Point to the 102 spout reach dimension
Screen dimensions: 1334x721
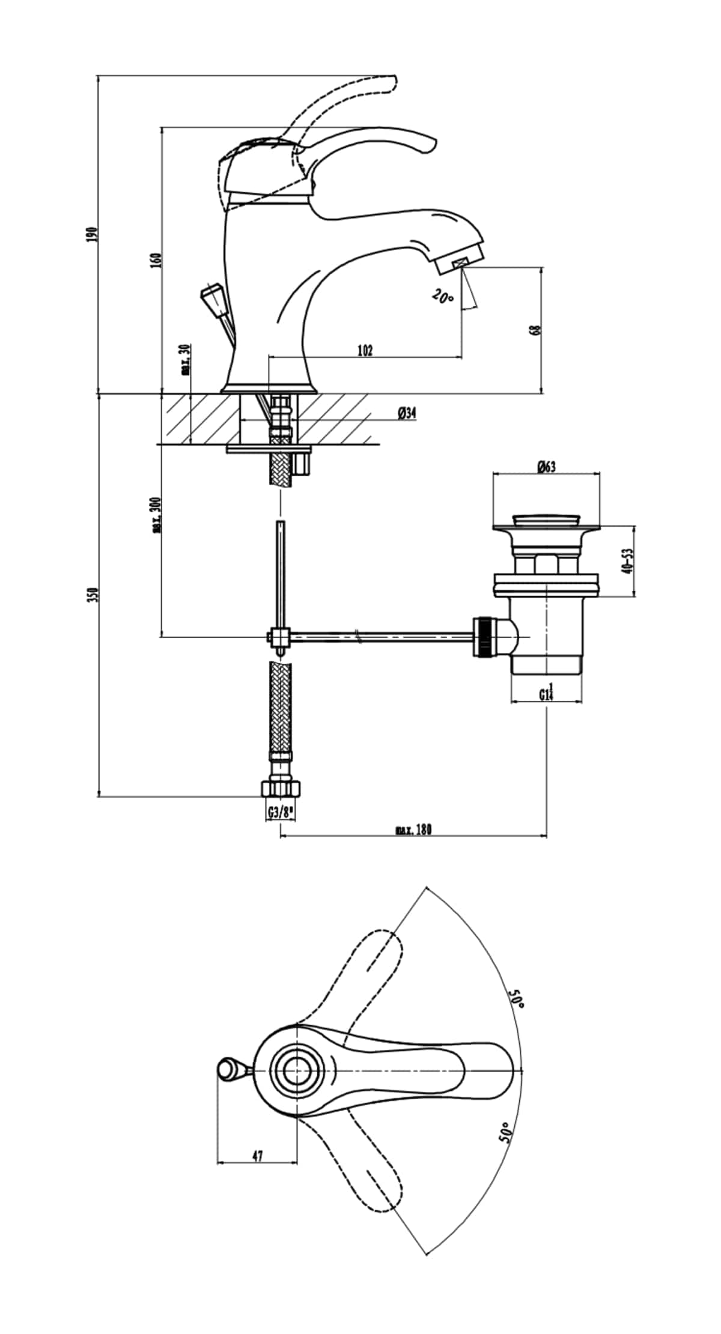tap(365, 350)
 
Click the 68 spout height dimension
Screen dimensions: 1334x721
tap(537, 330)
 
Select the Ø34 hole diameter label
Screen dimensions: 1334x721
tap(407, 413)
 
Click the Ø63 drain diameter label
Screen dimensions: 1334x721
tap(546, 466)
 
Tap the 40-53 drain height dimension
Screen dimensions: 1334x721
tap(628, 561)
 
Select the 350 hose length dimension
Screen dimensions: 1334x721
tap(91, 595)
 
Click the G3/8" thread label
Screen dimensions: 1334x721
tap(280, 813)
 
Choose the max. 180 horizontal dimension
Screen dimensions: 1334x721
tap(413, 830)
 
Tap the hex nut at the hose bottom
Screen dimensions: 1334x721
tap(281, 787)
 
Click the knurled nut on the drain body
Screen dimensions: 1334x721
tap(484, 637)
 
